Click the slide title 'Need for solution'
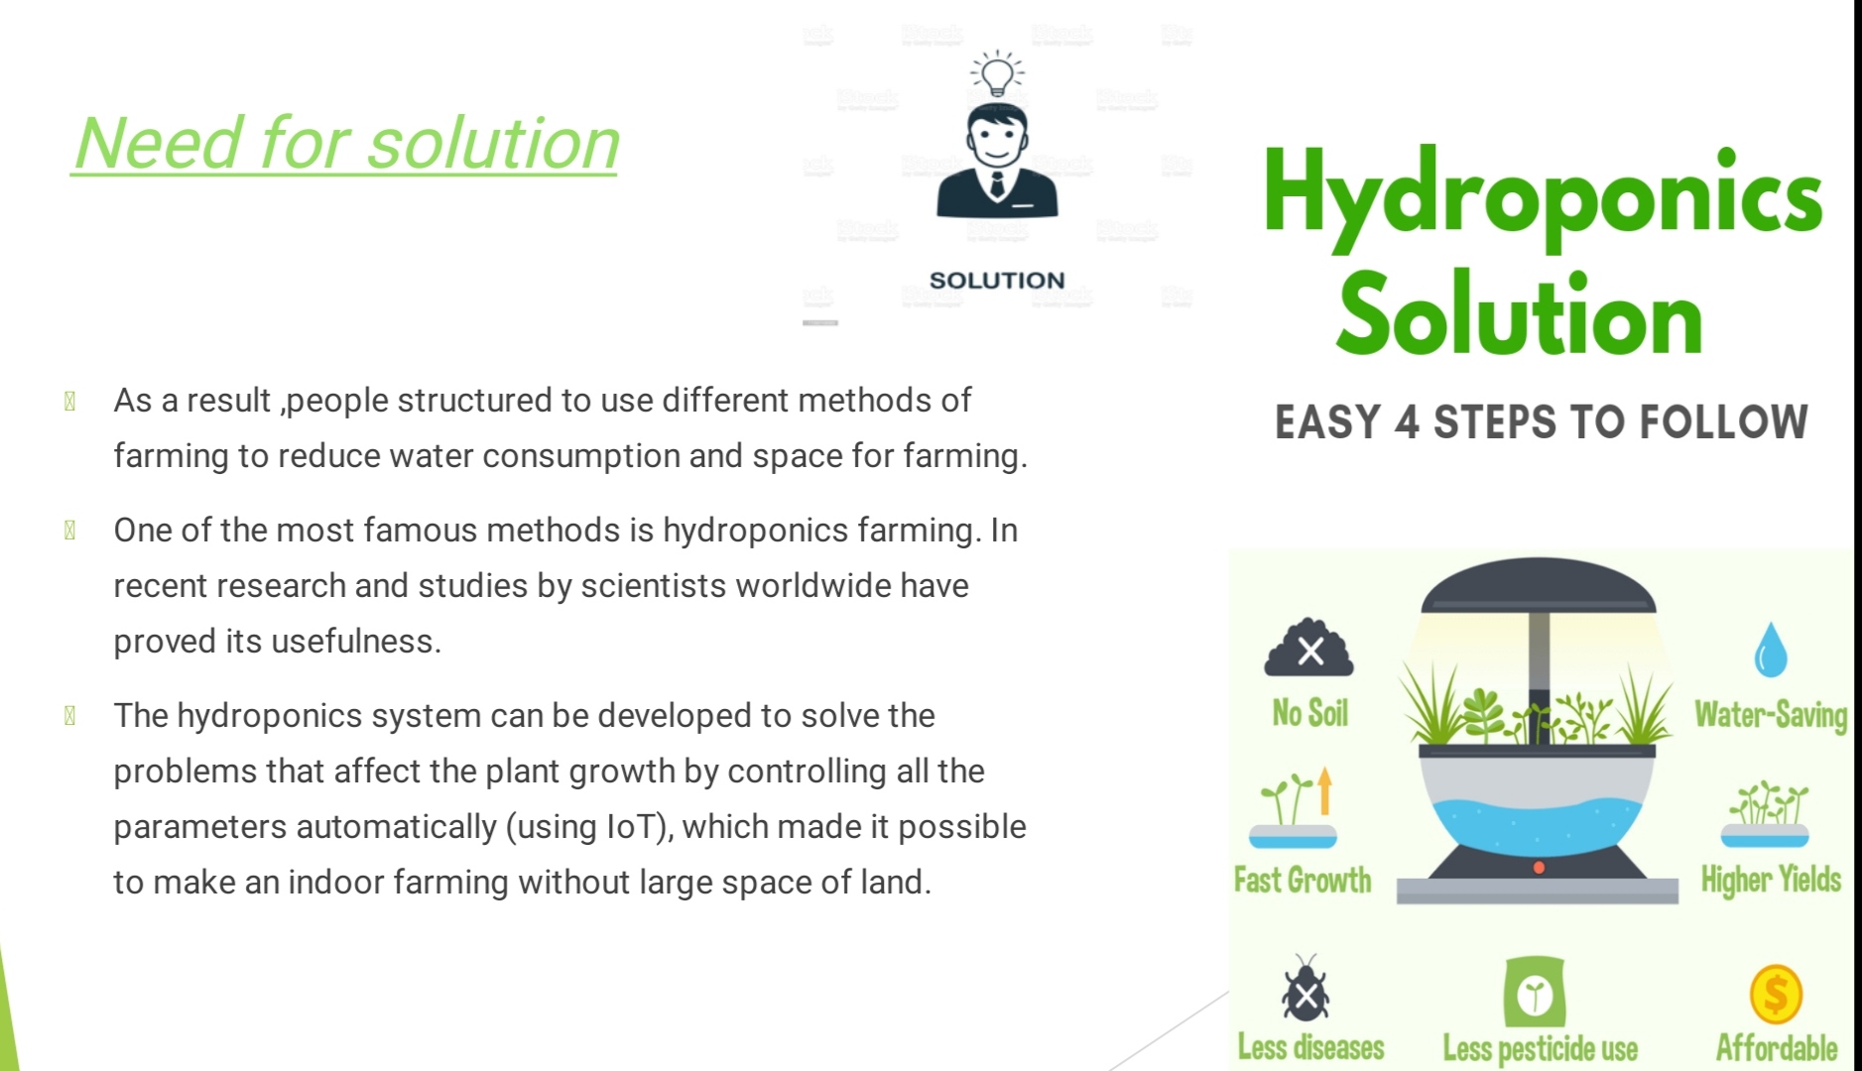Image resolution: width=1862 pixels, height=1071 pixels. pyautogui.click(x=346, y=144)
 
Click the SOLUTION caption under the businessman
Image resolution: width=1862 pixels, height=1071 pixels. pyautogui.click(x=997, y=281)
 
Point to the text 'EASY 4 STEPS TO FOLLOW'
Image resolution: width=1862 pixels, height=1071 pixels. pyautogui.click(x=1541, y=422)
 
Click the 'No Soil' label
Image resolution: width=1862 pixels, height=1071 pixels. pyautogui.click(x=1309, y=713)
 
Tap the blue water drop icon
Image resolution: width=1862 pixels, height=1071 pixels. pyautogui.click(x=1770, y=651)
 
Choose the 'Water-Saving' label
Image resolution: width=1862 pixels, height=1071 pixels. pyautogui.click(x=1771, y=715)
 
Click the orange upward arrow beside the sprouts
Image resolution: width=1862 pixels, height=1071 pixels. pyautogui.click(x=1325, y=792)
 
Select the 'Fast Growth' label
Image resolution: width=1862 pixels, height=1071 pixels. pyautogui.click(x=1303, y=880)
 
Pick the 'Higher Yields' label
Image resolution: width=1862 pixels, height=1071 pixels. pyautogui.click(x=1771, y=880)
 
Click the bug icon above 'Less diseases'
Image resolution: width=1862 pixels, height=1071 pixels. pyautogui.click(x=1305, y=990)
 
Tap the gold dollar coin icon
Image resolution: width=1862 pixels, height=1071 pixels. pyautogui.click(x=1776, y=994)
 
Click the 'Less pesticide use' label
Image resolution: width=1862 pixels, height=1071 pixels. pyautogui.click(x=1540, y=1048)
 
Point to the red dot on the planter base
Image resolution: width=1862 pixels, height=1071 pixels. pyautogui.click(x=1539, y=868)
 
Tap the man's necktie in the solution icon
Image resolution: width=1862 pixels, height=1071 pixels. pyautogui.click(x=997, y=184)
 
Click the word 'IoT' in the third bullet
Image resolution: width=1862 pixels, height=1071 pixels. pyautogui.click(x=635, y=827)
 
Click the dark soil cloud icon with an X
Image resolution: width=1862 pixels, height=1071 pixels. pyautogui.click(x=1309, y=650)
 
